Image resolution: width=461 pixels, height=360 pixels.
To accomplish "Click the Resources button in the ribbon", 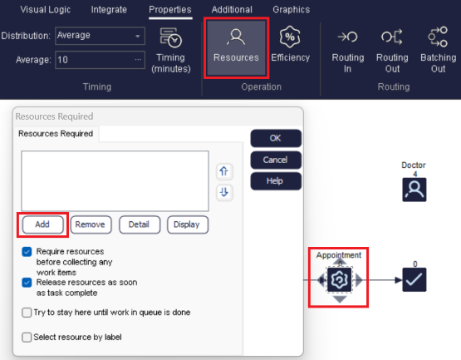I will tap(235, 47).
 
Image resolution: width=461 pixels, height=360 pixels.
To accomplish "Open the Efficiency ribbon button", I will tap(290, 47).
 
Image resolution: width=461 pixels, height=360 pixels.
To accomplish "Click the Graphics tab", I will tap(291, 10).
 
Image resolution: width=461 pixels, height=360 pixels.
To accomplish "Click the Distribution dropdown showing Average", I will tap(99, 36).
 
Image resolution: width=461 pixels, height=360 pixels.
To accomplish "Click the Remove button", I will tap(91, 224).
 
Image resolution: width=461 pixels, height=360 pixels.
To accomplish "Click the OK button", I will tap(275, 138).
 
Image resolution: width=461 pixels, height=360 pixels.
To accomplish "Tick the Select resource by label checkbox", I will tap(27, 337).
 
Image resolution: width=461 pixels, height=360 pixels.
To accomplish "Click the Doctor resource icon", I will tap(414, 190).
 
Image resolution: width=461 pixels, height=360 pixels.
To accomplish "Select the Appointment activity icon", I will tap(339, 280).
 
